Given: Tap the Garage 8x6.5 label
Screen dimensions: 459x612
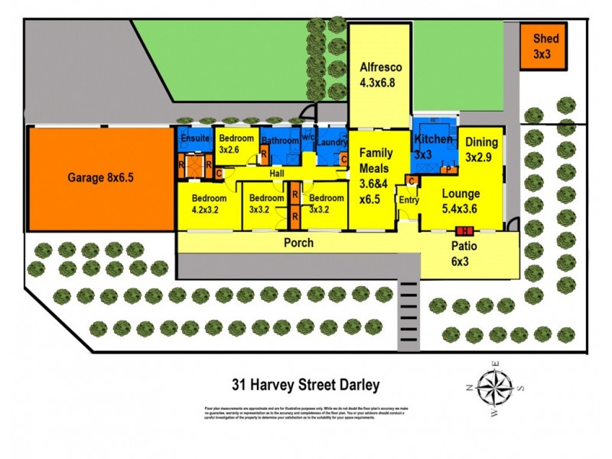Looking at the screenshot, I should point(101,178).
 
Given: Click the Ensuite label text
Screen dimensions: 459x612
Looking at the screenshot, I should point(194,138).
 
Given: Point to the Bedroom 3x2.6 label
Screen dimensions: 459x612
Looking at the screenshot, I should point(234,144).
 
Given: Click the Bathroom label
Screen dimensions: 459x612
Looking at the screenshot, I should point(279,141).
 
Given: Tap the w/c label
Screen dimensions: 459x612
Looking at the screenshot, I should point(308,138).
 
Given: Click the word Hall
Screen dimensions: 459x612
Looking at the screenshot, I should point(277,174).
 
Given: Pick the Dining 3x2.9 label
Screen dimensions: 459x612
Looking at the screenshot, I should point(481,149).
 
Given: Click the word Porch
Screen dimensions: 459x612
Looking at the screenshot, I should point(298,243).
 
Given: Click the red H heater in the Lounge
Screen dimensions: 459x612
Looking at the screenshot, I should point(462,230).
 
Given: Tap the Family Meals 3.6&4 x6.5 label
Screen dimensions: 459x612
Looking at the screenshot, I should point(375,176).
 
